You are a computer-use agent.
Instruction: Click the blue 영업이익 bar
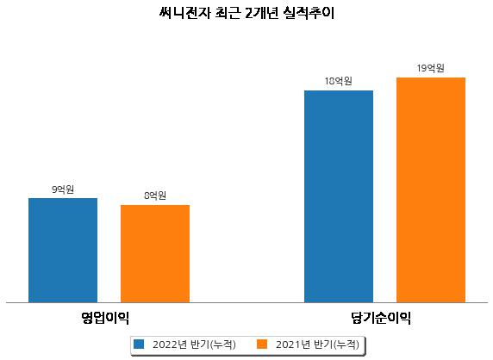pyautogui.click(x=63, y=251)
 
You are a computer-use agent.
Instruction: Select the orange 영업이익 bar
pyautogui.click(x=155, y=254)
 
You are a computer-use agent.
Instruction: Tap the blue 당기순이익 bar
pyautogui.click(x=339, y=196)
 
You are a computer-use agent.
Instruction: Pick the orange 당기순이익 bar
pyautogui.click(x=431, y=190)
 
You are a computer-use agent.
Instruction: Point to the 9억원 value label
pyautogui.click(x=63, y=189)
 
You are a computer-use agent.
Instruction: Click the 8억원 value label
pyautogui.click(x=155, y=196)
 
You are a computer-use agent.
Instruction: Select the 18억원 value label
pyautogui.click(x=339, y=81)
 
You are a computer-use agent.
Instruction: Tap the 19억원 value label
pyautogui.click(x=431, y=68)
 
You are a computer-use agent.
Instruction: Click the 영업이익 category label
pyautogui.click(x=105, y=318)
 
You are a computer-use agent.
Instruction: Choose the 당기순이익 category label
pyautogui.click(x=381, y=318)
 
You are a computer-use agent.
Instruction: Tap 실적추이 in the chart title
pyautogui.click(x=309, y=13)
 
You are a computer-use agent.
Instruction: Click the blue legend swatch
pyautogui.click(x=139, y=344)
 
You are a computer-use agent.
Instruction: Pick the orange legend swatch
pyautogui.click(x=262, y=344)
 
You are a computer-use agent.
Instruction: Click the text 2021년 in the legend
pyautogui.click(x=293, y=344)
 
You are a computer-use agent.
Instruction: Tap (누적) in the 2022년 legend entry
pyautogui.click(x=222, y=344)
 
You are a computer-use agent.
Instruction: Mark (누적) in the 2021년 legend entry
pyautogui.click(x=346, y=344)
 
